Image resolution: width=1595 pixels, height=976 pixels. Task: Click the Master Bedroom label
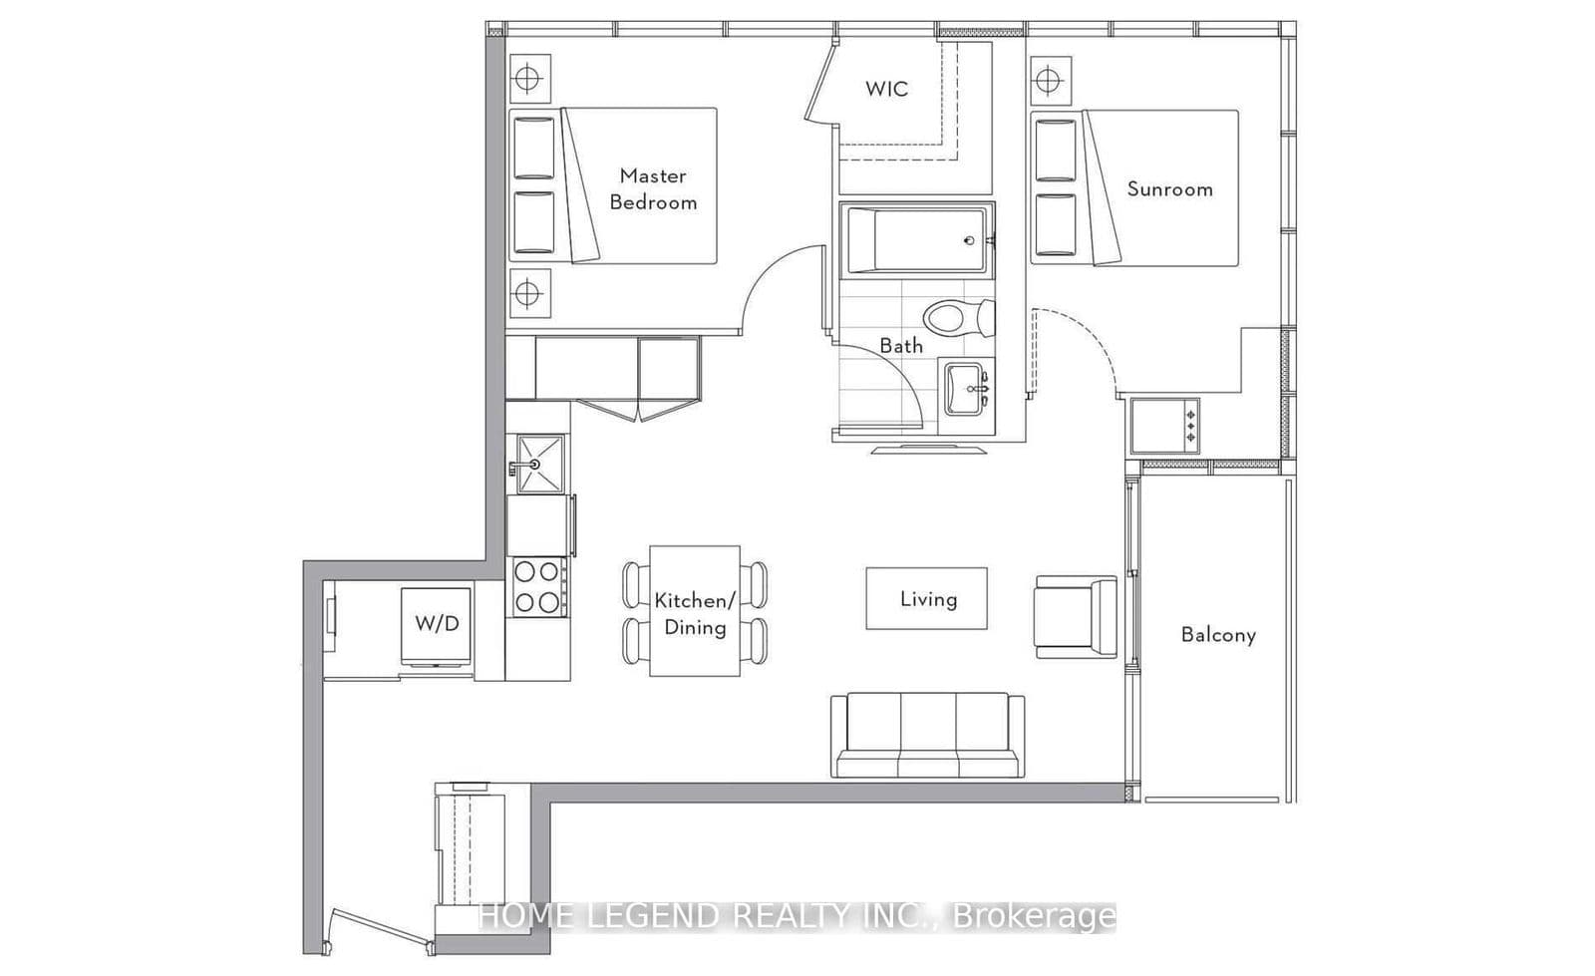point(653,188)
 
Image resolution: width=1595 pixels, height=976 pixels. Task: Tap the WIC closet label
point(886,89)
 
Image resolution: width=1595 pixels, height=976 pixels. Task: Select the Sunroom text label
point(1169,188)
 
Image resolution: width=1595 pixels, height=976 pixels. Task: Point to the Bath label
point(900,346)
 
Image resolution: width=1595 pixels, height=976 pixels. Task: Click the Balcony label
point(1218,634)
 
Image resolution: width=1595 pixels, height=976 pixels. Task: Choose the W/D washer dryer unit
point(437,625)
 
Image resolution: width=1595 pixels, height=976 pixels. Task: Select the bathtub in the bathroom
point(916,239)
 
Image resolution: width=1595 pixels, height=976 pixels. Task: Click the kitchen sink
point(539,464)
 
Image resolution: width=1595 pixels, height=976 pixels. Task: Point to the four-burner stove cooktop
point(538,587)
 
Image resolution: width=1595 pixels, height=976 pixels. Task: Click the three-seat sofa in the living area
point(927,735)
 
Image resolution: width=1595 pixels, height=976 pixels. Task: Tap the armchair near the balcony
point(1076,616)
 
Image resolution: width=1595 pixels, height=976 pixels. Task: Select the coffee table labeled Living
point(926,598)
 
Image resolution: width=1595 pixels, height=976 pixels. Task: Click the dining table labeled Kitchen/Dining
point(695,611)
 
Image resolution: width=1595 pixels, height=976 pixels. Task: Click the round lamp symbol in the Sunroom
point(1048,79)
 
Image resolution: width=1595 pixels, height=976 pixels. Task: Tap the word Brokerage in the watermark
point(1035,916)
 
